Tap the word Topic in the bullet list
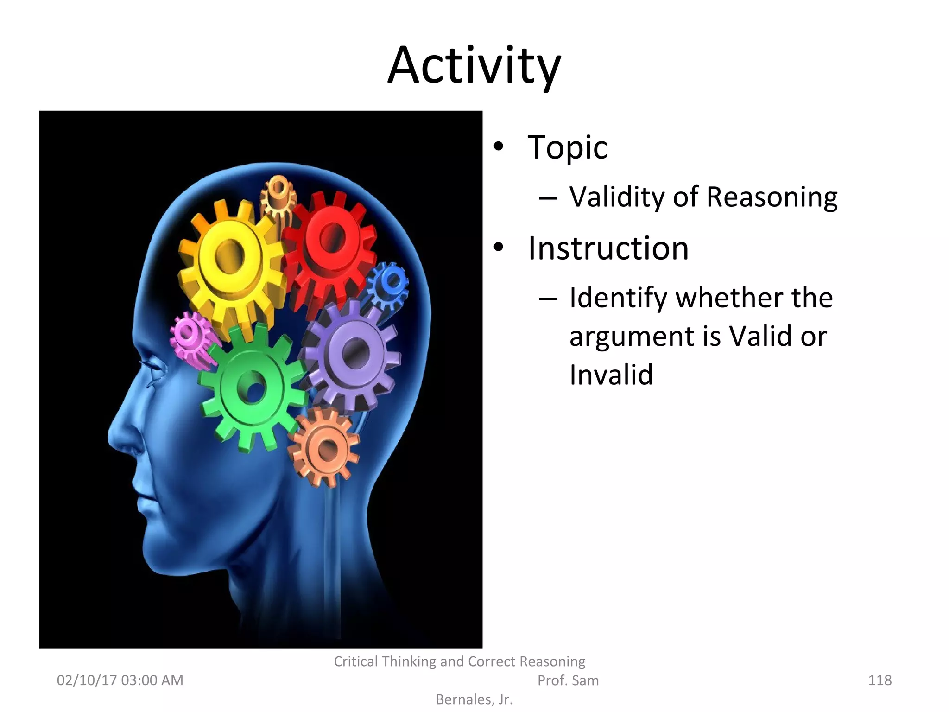tap(567, 147)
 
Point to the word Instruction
tap(608, 248)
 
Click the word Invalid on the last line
tap(611, 375)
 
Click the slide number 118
tap(879, 680)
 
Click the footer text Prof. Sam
tap(568, 680)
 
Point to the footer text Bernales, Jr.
tap(474, 699)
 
